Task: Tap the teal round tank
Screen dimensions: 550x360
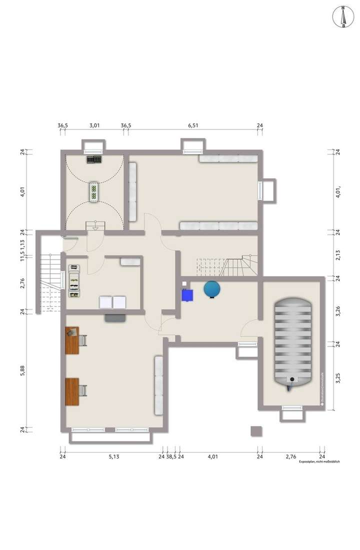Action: [x=211, y=289]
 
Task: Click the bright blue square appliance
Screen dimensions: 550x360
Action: [x=187, y=295]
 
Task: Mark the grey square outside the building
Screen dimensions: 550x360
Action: [x=256, y=431]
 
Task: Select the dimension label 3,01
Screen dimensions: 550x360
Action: [x=94, y=125]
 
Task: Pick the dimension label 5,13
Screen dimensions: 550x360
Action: [x=113, y=456]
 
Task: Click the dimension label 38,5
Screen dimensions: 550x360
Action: [x=171, y=456]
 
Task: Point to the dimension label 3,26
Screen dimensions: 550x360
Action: [x=338, y=310]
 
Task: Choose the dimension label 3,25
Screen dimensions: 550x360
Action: [x=338, y=377]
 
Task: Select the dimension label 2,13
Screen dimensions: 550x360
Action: [x=338, y=254]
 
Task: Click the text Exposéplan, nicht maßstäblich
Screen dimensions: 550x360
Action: [x=319, y=462]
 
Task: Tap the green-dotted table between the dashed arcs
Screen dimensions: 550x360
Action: [x=93, y=191]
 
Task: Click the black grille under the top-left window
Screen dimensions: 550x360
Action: [x=94, y=159]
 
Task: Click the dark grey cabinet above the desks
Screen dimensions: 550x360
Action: [x=115, y=317]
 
